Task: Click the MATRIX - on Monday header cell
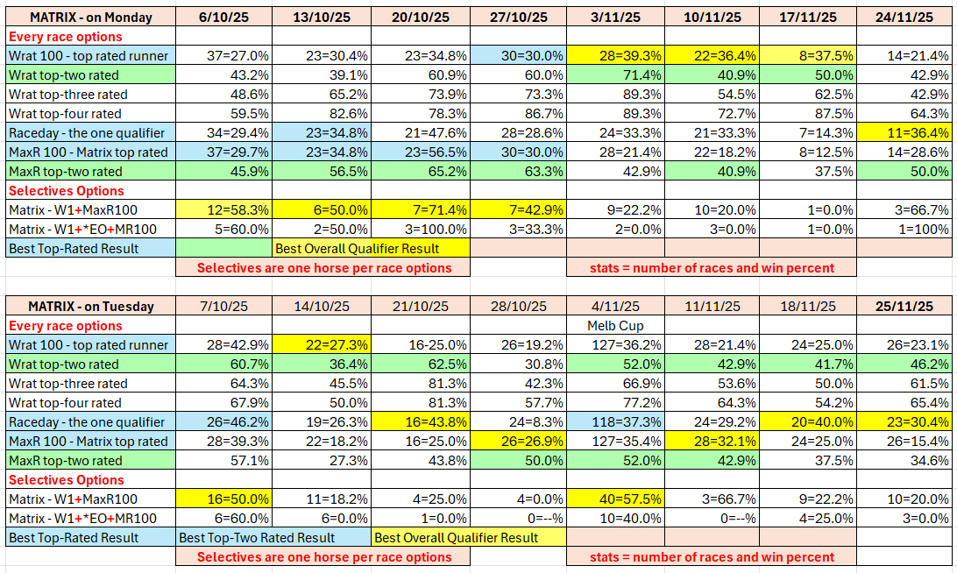click(90, 18)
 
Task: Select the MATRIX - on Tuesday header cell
click(90, 307)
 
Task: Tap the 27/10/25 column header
click(517, 18)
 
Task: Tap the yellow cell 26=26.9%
click(517, 442)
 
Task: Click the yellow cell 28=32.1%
click(712, 442)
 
